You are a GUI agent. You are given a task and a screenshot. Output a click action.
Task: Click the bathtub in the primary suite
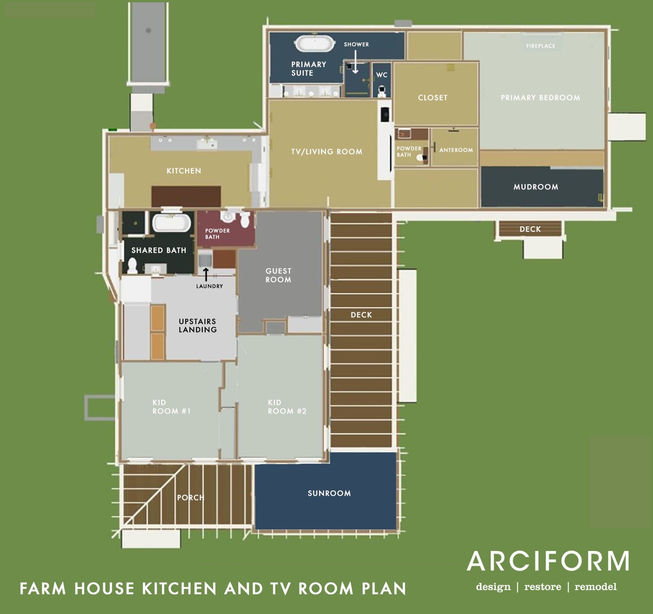[x=315, y=43]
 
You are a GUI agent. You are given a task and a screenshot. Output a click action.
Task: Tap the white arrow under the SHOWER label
[x=355, y=63]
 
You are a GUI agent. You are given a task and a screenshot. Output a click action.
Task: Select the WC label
[x=382, y=75]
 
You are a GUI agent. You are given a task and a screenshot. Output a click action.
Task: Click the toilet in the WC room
[x=382, y=92]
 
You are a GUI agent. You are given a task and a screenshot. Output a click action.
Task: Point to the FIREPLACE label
[x=540, y=46]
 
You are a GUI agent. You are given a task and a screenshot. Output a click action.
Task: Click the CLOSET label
[x=432, y=97]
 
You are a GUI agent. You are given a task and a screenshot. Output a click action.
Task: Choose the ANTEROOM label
[x=456, y=150]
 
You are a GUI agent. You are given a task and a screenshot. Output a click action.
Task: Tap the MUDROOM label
[x=536, y=187]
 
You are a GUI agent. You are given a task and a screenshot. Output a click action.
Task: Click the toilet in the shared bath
[x=132, y=265]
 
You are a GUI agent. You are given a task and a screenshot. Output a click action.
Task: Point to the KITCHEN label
[x=184, y=171]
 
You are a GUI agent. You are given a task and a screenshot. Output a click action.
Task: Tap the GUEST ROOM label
[x=278, y=275]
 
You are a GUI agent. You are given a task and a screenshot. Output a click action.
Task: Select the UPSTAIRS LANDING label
[x=197, y=325]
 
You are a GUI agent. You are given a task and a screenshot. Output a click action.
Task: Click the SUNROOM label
[x=329, y=493]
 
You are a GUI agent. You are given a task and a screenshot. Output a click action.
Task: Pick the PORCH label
[x=190, y=497]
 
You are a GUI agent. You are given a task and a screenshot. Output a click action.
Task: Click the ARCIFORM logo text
[x=548, y=561]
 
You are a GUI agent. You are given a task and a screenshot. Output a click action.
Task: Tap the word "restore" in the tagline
[x=542, y=587]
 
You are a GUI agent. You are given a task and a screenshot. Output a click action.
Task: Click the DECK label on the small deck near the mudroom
[x=530, y=229]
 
